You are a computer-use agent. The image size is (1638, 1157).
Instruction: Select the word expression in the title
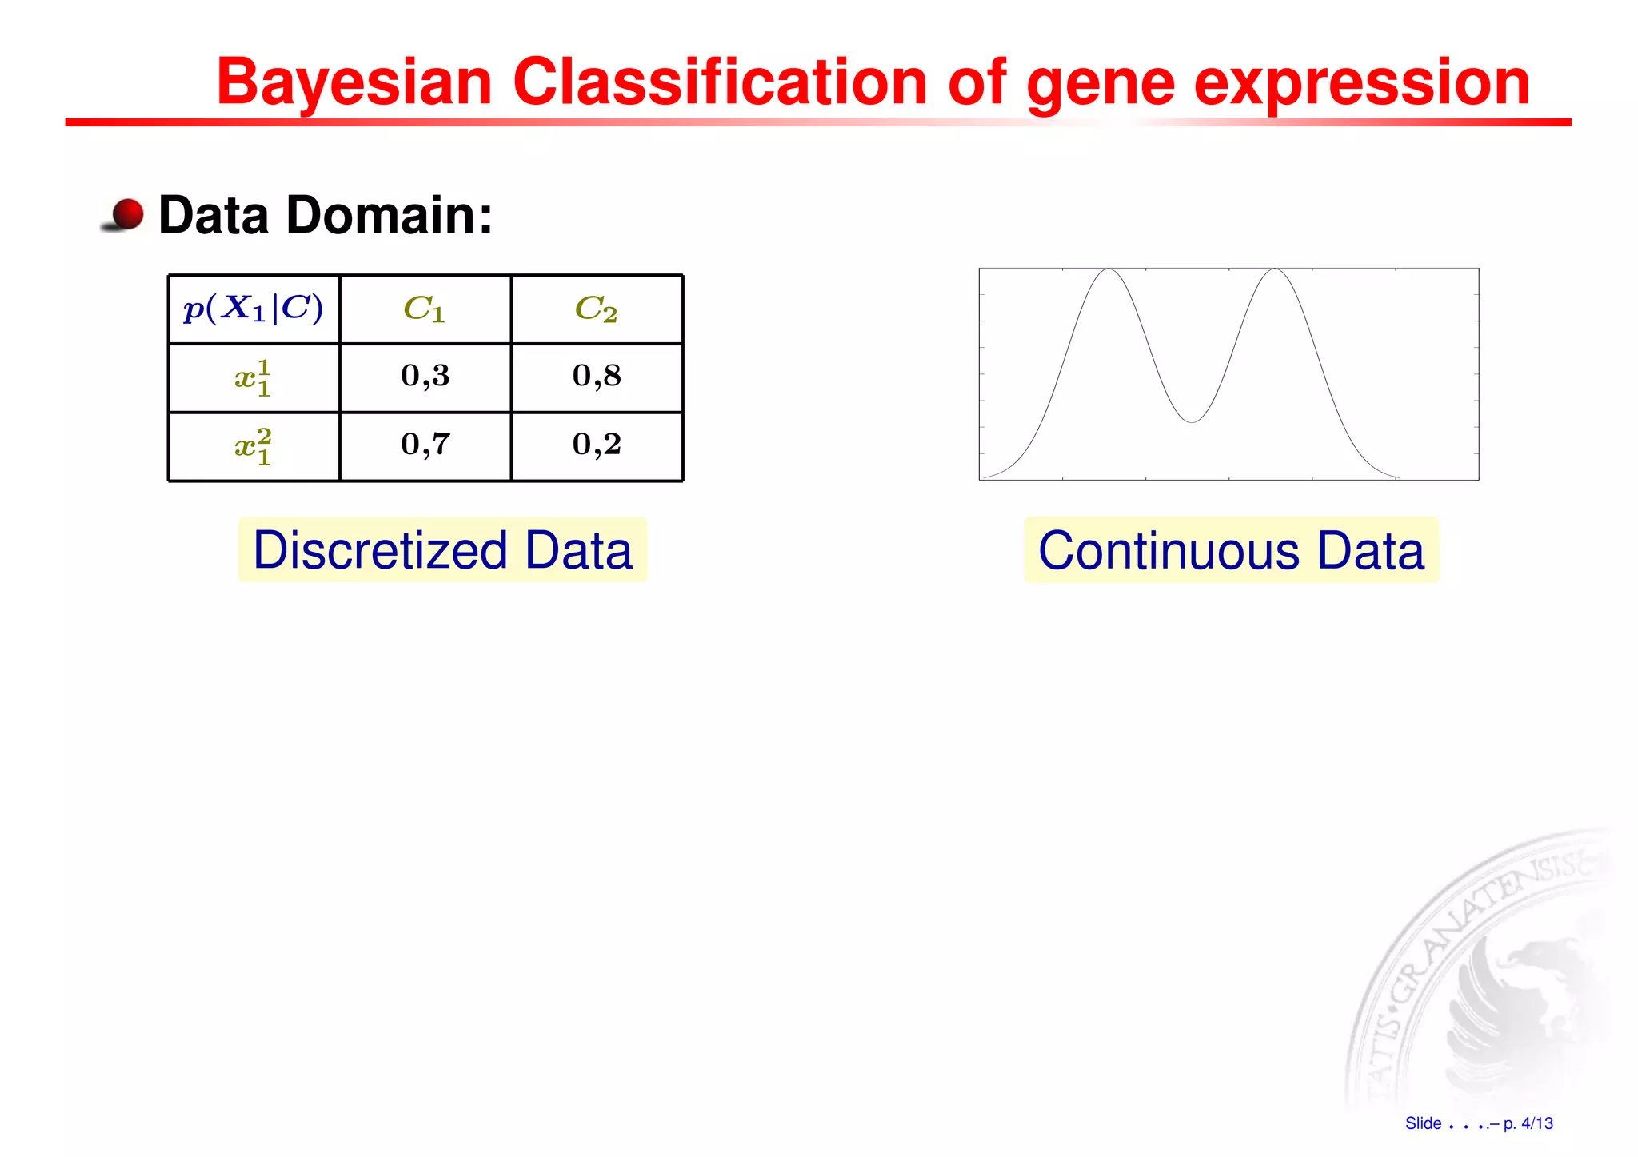click(1361, 82)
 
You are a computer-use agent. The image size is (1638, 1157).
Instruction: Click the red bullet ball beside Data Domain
click(126, 214)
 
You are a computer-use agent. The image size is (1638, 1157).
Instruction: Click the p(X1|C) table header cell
click(254, 309)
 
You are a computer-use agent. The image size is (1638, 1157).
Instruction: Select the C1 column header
click(425, 309)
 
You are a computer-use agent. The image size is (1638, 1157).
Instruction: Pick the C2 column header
click(597, 309)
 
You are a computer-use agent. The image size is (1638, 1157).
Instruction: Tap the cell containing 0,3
click(425, 376)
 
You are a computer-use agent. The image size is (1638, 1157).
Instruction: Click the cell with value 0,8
click(597, 376)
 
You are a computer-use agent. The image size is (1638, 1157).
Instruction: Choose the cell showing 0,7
click(425, 445)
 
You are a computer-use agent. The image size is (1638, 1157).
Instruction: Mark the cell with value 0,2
click(597, 445)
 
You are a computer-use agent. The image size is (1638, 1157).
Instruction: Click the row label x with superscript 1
click(254, 377)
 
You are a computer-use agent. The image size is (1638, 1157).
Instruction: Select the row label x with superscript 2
click(254, 446)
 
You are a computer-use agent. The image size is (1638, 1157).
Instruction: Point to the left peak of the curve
click(1109, 270)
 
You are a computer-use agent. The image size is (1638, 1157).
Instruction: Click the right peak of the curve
click(1276, 270)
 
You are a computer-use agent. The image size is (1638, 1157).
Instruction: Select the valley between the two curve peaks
click(1192, 421)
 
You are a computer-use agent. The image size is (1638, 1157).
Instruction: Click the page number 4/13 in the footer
click(1536, 1123)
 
